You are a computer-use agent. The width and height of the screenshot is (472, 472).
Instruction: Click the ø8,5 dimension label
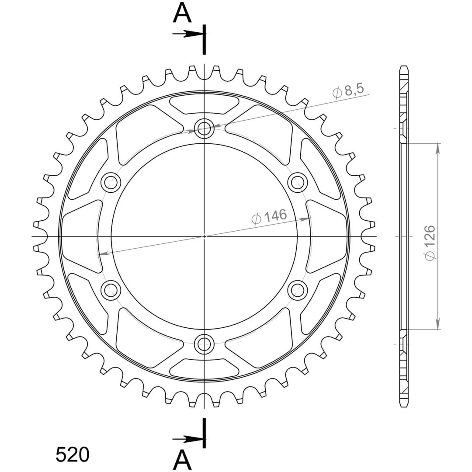click(x=348, y=90)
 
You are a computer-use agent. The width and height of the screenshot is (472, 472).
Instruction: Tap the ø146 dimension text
click(x=269, y=217)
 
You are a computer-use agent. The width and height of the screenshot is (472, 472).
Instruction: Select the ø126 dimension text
click(x=430, y=243)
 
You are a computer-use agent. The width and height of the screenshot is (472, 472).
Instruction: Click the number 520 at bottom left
click(x=73, y=455)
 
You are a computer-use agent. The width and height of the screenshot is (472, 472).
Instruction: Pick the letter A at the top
click(x=182, y=14)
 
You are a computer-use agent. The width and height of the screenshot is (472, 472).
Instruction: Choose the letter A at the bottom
click(x=182, y=461)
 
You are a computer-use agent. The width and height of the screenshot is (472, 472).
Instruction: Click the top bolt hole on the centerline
click(x=204, y=128)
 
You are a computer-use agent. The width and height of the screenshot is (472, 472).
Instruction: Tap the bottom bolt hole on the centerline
click(x=204, y=344)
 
